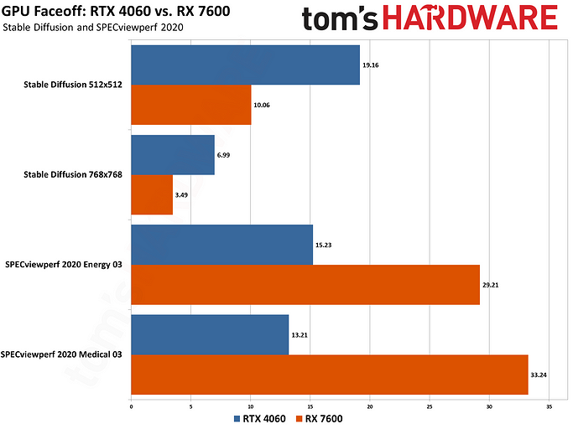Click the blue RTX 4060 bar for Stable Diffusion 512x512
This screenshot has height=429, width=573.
[x=245, y=65]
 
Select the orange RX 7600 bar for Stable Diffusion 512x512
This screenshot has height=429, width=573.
[x=191, y=106]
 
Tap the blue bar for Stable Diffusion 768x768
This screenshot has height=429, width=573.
[x=173, y=155]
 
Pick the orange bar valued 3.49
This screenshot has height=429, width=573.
[x=152, y=194]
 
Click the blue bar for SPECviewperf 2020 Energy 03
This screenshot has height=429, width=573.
[x=222, y=245]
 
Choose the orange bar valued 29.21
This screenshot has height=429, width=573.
[x=305, y=285]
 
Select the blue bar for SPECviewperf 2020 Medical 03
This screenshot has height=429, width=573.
[x=210, y=334]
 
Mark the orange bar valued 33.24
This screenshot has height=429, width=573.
[x=330, y=375]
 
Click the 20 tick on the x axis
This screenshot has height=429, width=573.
[x=370, y=406]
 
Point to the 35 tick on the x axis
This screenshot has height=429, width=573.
[x=550, y=406]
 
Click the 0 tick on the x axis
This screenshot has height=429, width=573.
[x=132, y=406]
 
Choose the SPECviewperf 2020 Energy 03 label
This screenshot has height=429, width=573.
[x=64, y=265]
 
